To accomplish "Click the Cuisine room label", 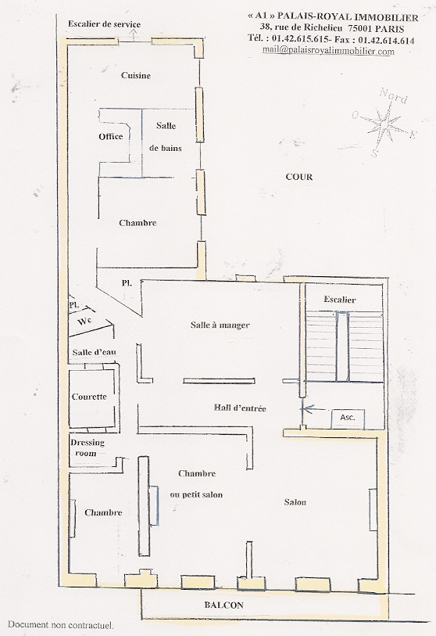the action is pos(136,75).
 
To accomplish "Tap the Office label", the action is pos(111,136).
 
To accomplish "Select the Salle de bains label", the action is pos(166,137).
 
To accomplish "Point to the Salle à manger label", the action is pos(220,325).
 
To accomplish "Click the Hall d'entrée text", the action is pos(240,408).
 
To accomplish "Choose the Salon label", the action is pos(295,502).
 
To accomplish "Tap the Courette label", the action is pos(89,397).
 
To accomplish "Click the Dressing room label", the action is pos(87,447).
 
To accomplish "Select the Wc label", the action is pos(85,322).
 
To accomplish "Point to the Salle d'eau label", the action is pos(94,352).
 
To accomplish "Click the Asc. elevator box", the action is pos(348,419).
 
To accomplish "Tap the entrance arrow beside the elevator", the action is pos(314,409).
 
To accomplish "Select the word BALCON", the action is pos(223,605).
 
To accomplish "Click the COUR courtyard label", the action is pos(299,177).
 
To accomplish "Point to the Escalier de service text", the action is pos(104,24).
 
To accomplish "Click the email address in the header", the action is pos(328,51).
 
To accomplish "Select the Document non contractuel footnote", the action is pos(60,625).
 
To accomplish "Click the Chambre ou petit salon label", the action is pos(197,484).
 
